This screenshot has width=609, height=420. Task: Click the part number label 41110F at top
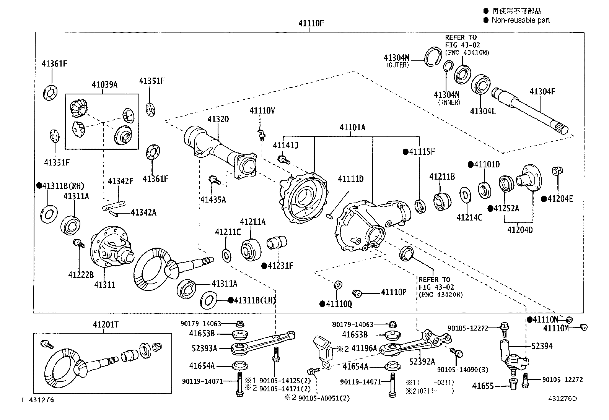coord(311,23)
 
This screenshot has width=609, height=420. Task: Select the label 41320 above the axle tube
coord(218,119)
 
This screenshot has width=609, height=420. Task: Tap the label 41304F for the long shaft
coord(542,92)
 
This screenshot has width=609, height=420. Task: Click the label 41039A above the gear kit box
coord(104,84)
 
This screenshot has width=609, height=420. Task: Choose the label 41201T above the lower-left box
coord(106,324)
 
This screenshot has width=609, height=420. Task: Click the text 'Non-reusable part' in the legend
coord(520,20)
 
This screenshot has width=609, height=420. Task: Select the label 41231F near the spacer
coord(280,265)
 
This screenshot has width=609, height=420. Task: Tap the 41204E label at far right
coord(560,199)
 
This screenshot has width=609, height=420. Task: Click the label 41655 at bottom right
coord(484,386)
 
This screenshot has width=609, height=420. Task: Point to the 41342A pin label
coord(143,212)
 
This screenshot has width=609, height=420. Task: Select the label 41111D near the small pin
coord(350,179)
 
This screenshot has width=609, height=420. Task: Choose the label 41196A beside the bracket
coord(364,348)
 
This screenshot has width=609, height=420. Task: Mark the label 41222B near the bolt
coord(81,274)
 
